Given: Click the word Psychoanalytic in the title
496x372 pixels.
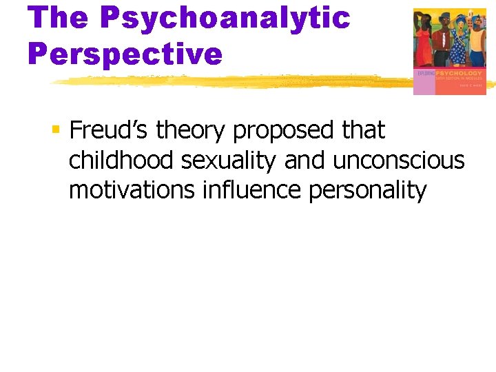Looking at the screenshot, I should point(225,18).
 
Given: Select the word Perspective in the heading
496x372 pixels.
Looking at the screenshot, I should point(125,53).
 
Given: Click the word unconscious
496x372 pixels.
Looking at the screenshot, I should point(400,160).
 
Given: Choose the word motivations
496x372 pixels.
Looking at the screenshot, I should point(132,189).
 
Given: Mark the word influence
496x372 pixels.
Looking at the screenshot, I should point(251,189).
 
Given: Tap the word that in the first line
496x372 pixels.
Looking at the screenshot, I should point(363,130).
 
